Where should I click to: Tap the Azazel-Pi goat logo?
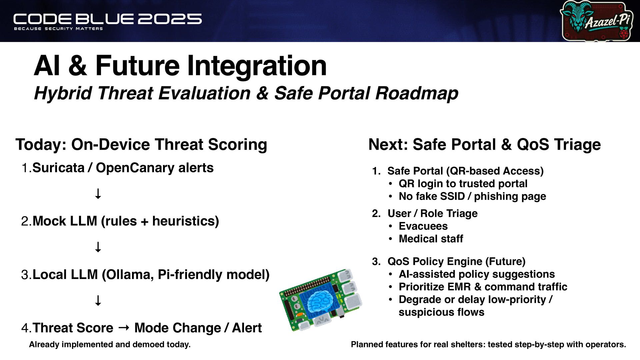[597, 21]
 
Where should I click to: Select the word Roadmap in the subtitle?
[417, 93]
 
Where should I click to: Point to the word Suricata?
[58, 168]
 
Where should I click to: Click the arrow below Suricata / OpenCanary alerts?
[98, 194]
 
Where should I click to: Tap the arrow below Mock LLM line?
[98, 247]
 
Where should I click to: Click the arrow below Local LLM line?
[98, 300]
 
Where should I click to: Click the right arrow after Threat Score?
[124, 328]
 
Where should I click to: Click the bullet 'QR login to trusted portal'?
[463, 184]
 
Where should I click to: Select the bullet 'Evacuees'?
[423, 226]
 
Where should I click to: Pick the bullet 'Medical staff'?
[431, 239]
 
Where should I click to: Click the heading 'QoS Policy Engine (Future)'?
[456, 262]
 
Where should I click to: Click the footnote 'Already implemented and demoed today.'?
[110, 345]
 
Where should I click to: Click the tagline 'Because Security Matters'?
[58, 29]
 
